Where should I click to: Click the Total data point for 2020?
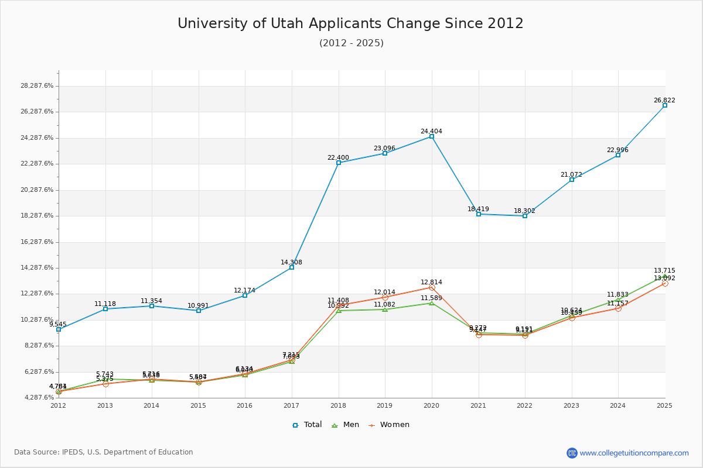(432, 136)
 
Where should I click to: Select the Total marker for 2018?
(339, 163)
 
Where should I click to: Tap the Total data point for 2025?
(665, 105)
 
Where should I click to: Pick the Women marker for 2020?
(432, 287)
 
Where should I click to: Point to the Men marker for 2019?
(385, 309)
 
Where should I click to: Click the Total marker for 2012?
(59, 329)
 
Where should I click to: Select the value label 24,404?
(431, 132)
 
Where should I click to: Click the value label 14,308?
(291, 263)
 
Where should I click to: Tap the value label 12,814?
(431, 283)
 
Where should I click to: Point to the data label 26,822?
(664, 101)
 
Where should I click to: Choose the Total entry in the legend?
(307, 425)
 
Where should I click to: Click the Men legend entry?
(346, 425)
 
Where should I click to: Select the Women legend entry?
(389, 425)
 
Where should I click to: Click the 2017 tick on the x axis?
(291, 405)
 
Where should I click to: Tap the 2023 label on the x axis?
(571, 405)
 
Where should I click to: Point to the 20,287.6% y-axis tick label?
(37, 190)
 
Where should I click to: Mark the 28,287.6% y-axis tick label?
(37, 85)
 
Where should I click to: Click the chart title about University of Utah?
(350, 23)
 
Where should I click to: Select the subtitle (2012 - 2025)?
(351, 43)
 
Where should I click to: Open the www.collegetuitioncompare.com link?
(634, 453)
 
